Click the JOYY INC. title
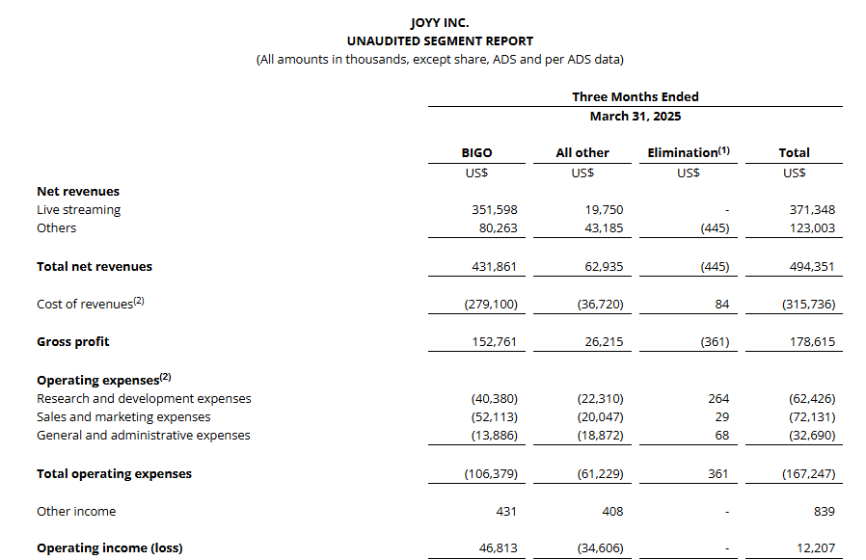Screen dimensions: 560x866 440,22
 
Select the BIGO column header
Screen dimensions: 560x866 476,152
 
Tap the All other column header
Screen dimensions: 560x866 582,152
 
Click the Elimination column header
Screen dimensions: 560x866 688,152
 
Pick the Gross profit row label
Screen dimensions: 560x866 73,342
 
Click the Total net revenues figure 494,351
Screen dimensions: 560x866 811,267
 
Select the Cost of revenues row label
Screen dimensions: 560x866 90,304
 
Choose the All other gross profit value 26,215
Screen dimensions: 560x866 604,342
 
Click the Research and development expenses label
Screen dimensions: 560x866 144,399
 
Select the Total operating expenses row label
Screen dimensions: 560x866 114,474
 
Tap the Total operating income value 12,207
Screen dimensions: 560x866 815,548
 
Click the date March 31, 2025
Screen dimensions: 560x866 635,116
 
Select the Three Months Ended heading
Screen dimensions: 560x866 635,96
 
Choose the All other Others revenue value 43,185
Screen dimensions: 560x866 604,228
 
